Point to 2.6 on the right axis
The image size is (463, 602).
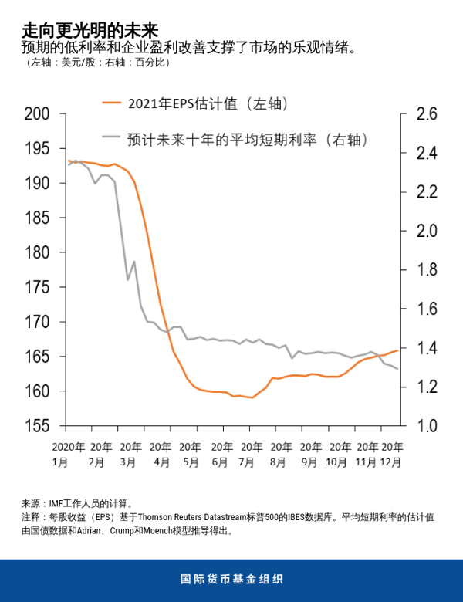point(426,114)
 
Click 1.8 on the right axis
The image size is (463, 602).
point(426,270)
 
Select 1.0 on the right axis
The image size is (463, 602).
point(426,426)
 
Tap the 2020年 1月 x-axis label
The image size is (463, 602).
point(69,454)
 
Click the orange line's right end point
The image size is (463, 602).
point(398,350)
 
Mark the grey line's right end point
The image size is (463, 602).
point(398,369)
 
